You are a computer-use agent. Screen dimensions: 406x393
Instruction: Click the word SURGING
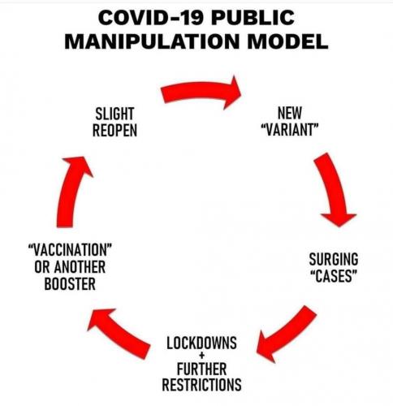pos(333,260)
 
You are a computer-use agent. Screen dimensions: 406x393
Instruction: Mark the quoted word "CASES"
pos(333,276)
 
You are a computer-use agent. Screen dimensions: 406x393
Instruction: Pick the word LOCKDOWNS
pos(201,343)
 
